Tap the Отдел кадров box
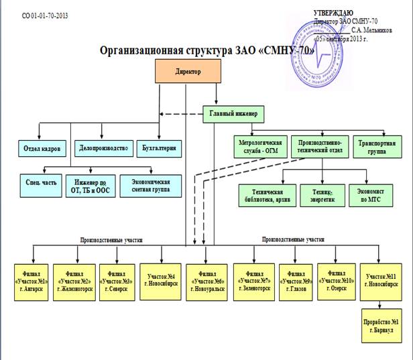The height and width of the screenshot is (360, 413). [x=42, y=147]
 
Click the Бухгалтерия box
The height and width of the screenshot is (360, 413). [x=160, y=147]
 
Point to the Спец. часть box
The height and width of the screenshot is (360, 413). [x=38, y=186]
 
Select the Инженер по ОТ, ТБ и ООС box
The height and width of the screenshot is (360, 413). [x=90, y=186]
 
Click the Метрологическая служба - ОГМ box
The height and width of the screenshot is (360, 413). [x=262, y=147]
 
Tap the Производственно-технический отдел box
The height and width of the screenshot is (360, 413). [x=319, y=147]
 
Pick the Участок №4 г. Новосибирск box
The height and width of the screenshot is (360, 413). [x=161, y=278]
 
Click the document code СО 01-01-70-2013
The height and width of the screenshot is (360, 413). [x=45, y=14]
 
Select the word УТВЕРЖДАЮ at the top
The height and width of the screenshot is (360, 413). [x=340, y=13]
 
